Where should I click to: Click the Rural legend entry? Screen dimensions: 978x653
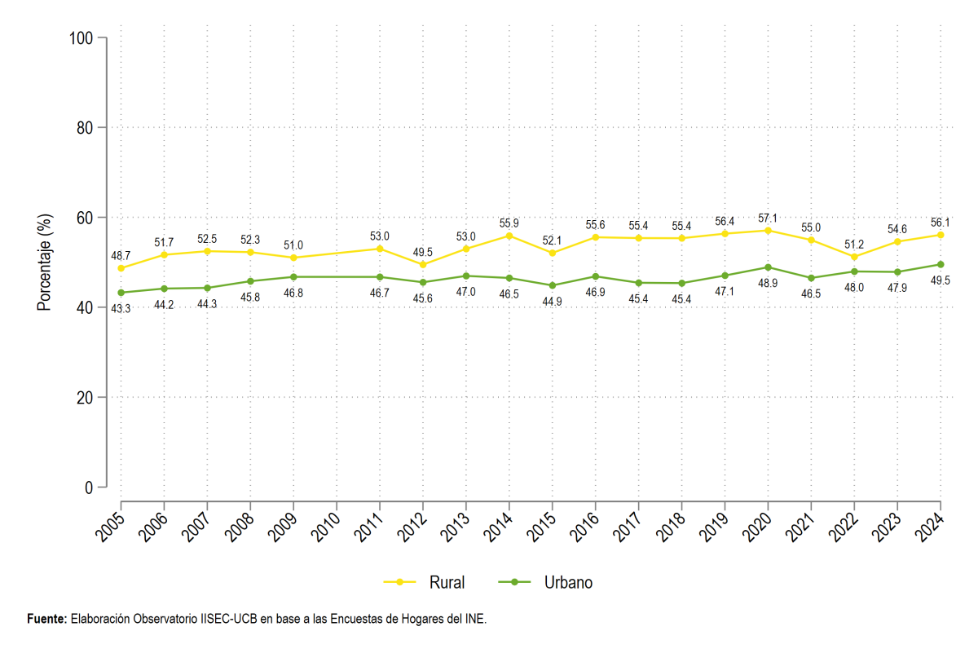pos(425,582)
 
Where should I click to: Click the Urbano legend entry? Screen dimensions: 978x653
pos(545,582)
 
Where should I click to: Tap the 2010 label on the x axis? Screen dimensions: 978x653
pos(326,527)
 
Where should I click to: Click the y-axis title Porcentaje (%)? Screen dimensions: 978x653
pos(44,262)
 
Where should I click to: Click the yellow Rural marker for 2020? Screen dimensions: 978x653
pos(768,231)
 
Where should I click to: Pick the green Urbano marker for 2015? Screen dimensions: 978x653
pos(553,285)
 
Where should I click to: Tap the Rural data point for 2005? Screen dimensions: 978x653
pos(121,268)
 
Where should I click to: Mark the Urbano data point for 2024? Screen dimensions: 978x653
pos(941,264)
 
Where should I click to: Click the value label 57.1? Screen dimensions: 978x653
pos(768,218)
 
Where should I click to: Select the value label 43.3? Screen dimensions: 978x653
pos(121,309)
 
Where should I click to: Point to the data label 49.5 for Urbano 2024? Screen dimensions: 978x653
pos(940,280)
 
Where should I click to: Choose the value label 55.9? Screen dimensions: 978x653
pos(509,223)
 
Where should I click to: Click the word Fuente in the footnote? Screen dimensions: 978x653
pos(46,619)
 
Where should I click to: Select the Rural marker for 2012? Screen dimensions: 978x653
pos(423,265)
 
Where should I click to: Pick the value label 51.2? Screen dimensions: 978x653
pos(854,245)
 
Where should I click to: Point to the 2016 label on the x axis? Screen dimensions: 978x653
pos(584,527)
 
